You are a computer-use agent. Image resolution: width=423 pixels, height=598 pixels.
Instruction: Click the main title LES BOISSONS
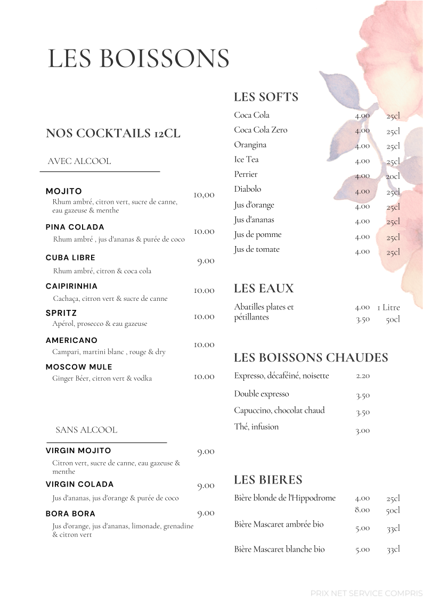pyautogui.click(x=139, y=59)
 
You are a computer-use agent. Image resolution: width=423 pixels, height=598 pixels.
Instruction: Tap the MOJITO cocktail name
pyautogui.click(x=64, y=191)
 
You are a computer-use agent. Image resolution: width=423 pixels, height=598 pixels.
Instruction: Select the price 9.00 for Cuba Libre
pyautogui.click(x=206, y=261)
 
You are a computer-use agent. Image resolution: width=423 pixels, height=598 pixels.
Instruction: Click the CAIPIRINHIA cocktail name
pyautogui.click(x=71, y=286)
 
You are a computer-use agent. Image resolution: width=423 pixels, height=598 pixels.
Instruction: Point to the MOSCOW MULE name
pyautogui.click(x=79, y=367)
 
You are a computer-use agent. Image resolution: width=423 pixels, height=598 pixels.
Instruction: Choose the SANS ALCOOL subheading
pyautogui.click(x=86, y=430)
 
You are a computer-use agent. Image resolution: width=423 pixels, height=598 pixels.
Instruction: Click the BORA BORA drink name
pyautogui.click(x=70, y=513)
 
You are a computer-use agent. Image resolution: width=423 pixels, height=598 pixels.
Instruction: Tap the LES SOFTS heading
pyautogui.click(x=266, y=97)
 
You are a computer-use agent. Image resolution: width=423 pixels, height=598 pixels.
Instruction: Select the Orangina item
pyautogui.click(x=250, y=145)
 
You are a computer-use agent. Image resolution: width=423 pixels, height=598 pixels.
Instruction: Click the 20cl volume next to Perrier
pyautogui.click(x=393, y=176)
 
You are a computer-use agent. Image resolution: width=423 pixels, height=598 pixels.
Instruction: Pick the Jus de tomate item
pyautogui.click(x=256, y=249)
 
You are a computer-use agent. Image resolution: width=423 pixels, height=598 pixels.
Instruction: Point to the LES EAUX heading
pyautogui.click(x=264, y=289)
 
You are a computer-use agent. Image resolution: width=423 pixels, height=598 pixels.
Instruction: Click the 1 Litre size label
pyautogui.click(x=388, y=307)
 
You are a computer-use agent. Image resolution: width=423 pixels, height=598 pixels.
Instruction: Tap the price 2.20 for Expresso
pyautogui.click(x=363, y=376)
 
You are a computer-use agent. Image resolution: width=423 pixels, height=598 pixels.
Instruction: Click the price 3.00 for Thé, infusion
pyautogui.click(x=362, y=431)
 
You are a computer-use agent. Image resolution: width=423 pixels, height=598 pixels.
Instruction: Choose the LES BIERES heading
pyautogui.click(x=268, y=480)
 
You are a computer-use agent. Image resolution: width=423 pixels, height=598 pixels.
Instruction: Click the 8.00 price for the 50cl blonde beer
pyautogui.click(x=362, y=510)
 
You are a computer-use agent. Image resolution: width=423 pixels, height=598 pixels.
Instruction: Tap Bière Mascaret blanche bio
pyautogui.click(x=279, y=549)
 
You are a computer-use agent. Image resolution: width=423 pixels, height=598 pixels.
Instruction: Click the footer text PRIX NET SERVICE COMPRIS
pyautogui.click(x=366, y=593)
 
